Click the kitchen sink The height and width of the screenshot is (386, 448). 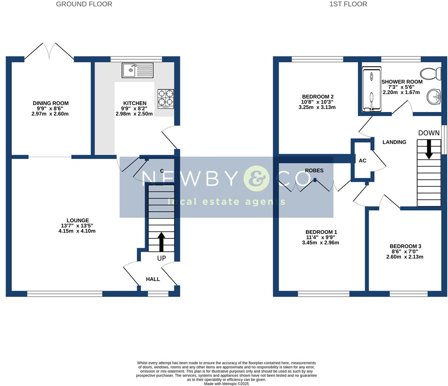(x=137, y=70)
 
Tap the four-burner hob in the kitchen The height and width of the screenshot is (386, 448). (x=166, y=99)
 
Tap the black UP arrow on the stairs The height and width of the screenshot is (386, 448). (x=161, y=242)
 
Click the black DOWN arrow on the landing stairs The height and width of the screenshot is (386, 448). (x=429, y=149)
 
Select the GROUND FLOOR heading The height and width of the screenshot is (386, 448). (x=84, y=4)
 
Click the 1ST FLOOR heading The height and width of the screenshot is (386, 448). (x=348, y=4)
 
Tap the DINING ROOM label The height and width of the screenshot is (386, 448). (x=50, y=103)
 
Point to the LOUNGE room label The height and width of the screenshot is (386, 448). (x=78, y=220)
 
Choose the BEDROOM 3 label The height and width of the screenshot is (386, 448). (x=405, y=246)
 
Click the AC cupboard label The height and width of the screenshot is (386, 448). (x=362, y=161)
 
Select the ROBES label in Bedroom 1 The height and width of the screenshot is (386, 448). (x=314, y=171)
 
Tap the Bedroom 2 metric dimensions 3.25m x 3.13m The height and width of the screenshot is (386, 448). (x=317, y=108)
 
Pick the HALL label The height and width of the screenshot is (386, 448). (x=153, y=279)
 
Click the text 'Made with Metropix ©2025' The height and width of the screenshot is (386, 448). (x=226, y=383)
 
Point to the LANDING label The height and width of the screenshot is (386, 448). (x=394, y=142)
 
